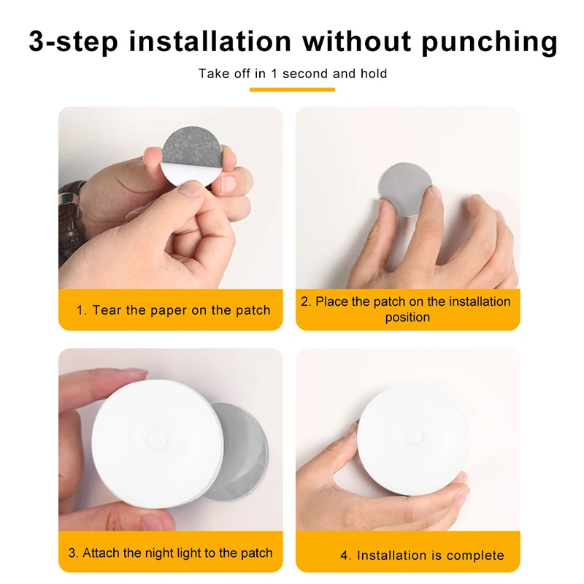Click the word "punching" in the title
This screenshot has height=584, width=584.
pos(489,42)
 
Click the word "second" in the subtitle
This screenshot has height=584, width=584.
pos(306,74)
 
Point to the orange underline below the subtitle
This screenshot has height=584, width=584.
pos(292,89)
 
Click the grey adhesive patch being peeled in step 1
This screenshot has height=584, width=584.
pos(193,147)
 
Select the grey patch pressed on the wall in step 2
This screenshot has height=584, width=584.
pos(404,188)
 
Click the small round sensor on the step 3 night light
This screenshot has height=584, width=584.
pos(157,440)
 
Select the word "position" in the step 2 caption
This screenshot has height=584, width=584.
pos(407,318)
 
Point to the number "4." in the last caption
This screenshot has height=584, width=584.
pos(345,556)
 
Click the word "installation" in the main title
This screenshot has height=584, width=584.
pos(210,42)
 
